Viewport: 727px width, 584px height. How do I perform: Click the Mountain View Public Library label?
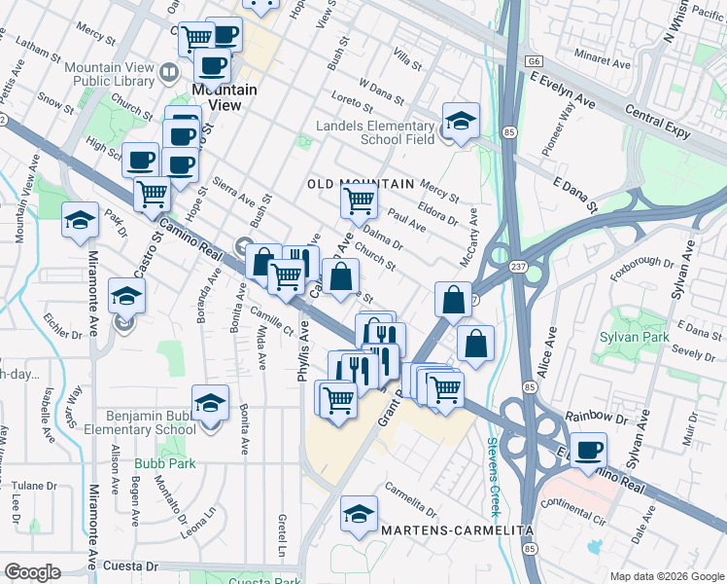108,73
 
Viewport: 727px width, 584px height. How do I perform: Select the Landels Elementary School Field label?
375,132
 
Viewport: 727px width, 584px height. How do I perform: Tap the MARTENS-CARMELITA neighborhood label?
457,530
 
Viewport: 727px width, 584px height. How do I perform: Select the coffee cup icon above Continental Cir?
588,450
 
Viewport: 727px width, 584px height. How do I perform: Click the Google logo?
32,572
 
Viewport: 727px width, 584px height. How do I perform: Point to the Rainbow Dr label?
584,416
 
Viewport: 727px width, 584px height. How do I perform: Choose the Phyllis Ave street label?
303,352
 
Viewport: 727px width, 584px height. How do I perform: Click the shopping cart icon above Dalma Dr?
359,201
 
